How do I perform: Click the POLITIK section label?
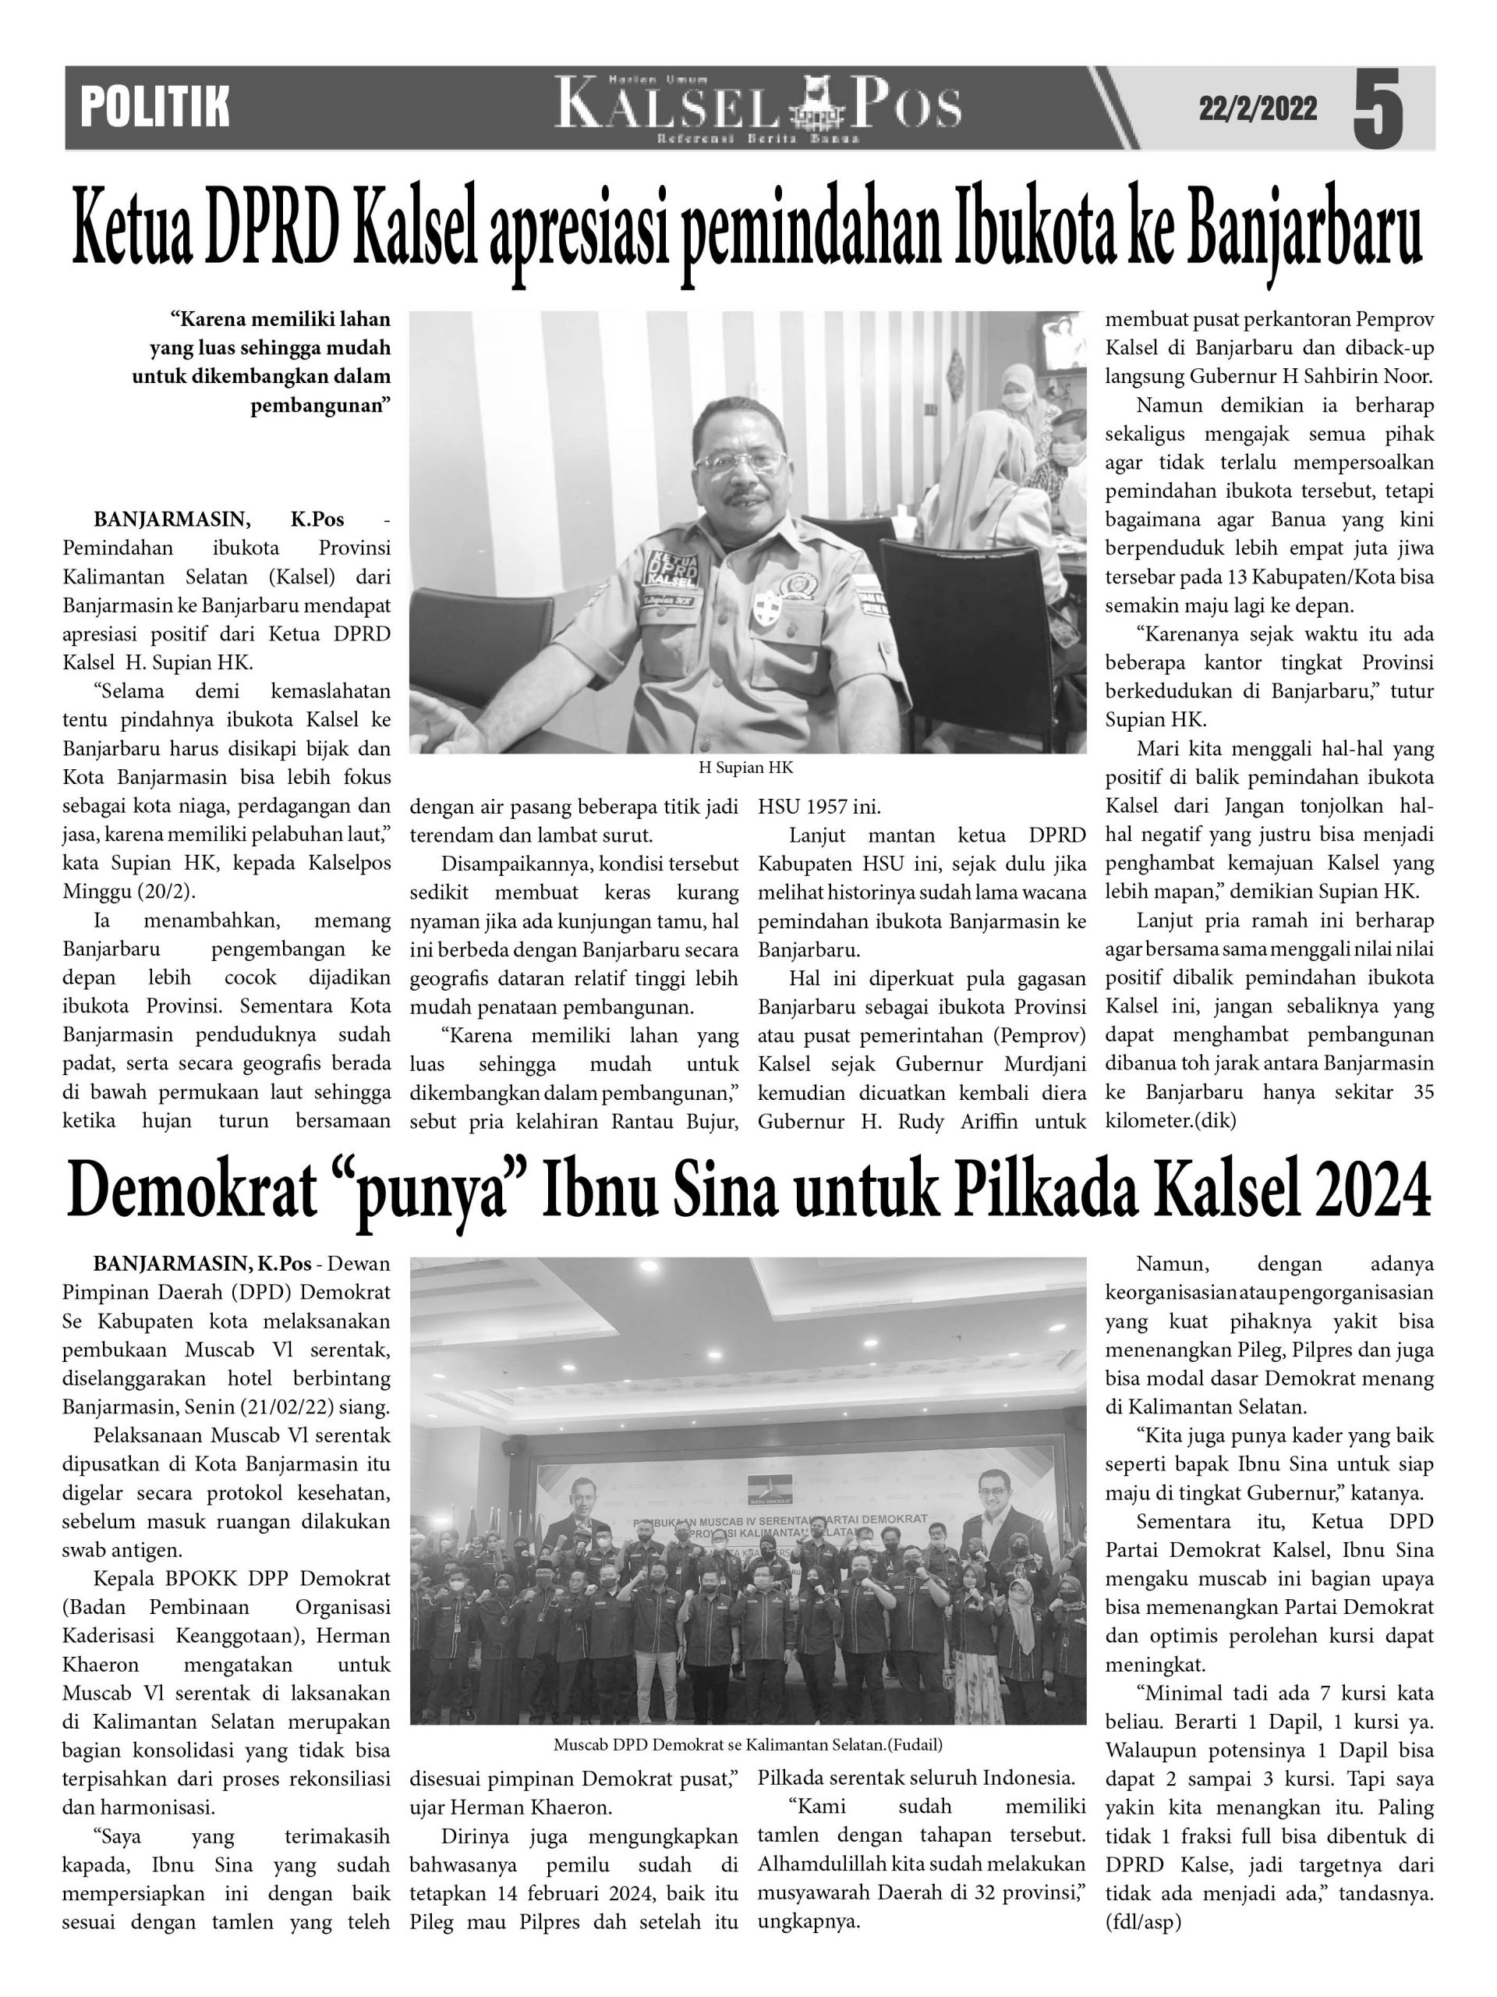coord(154,108)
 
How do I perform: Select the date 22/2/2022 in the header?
coord(1257,109)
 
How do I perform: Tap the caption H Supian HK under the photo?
coord(746,768)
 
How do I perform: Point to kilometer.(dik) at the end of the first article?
coord(1170,1120)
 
